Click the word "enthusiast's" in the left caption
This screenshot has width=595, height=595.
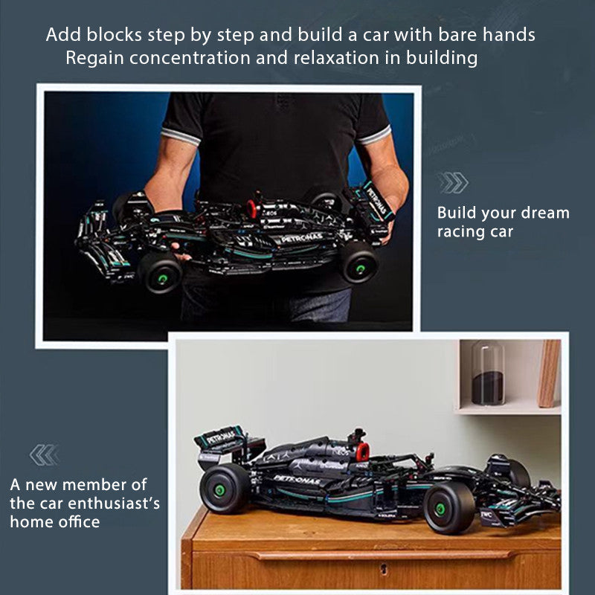pyautogui.click(x=114, y=504)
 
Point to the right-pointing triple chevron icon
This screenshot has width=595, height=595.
pyautogui.click(x=452, y=182)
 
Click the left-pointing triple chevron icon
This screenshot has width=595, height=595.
pyautogui.click(x=45, y=454)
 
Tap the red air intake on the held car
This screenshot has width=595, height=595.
pyautogui.click(x=251, y=208)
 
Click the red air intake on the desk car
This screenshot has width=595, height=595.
pyautogui.click(x=362, y=451)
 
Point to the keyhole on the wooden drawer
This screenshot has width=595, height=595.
pyautogui.click(x=384, y=568)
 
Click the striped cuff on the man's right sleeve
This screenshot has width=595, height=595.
pyautogui.click(x=181, y=136)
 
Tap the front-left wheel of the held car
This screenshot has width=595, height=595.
pyautogui.click(x=160, y=273)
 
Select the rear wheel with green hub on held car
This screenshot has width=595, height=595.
pyautogui.click(x=359, y=263)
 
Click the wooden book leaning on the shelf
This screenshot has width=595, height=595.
pyautogui.click(x=549, y=373)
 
